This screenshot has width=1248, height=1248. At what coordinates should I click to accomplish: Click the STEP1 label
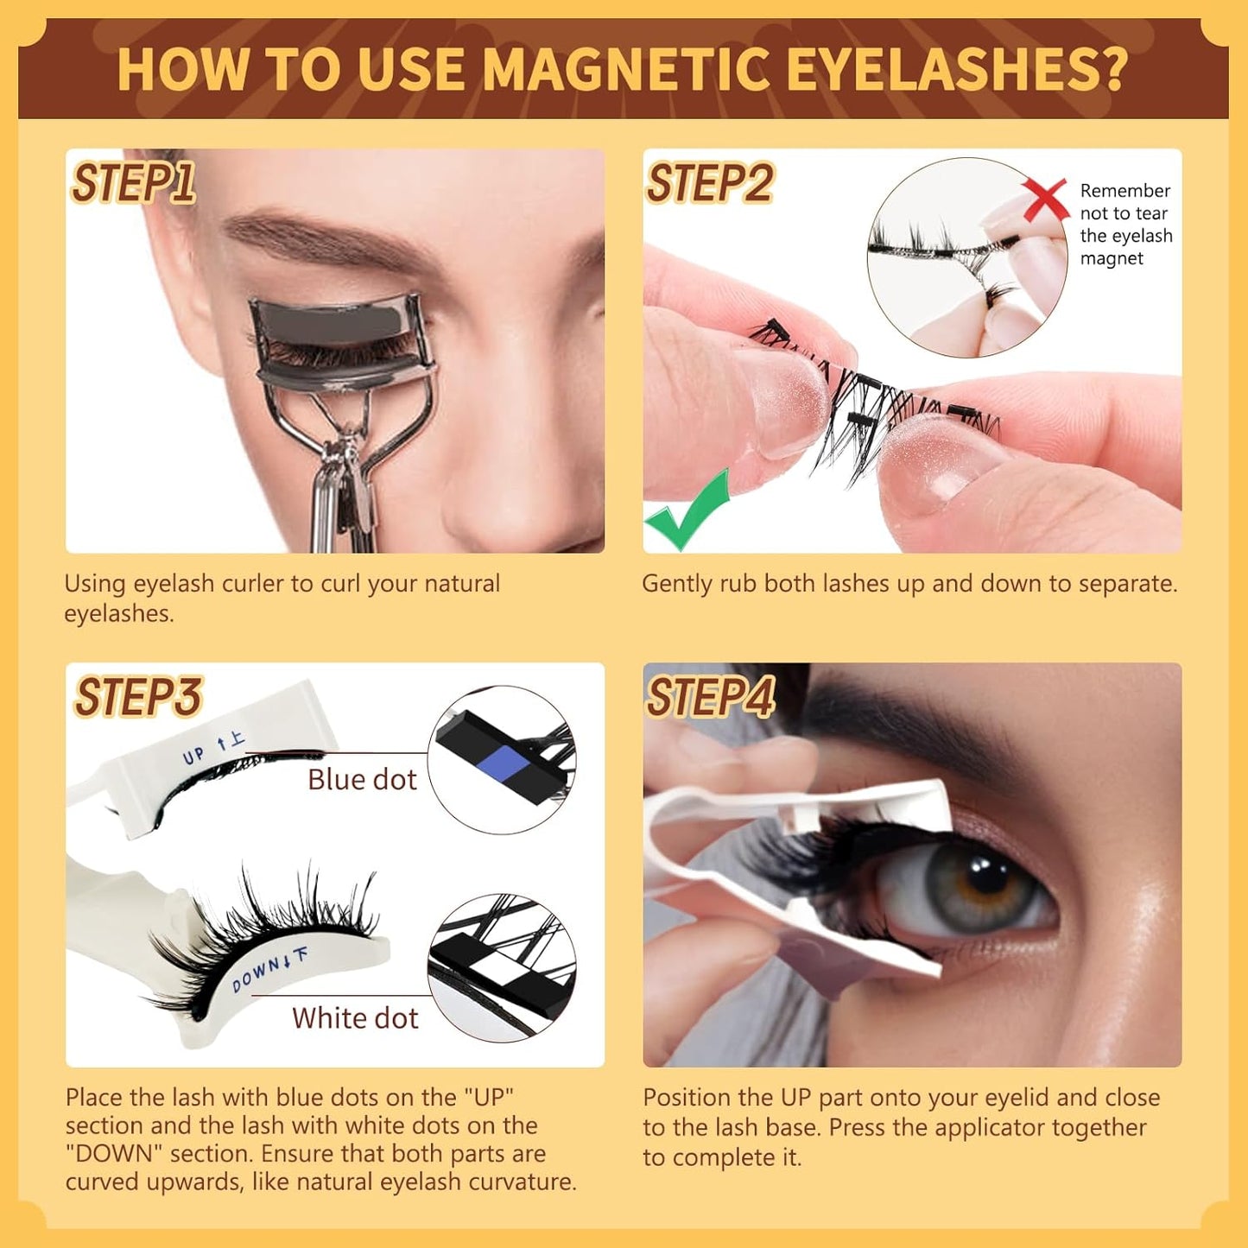(133, 183)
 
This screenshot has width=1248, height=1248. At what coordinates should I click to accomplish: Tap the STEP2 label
(710, 183)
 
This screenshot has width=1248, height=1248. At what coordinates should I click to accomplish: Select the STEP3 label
(138, 697)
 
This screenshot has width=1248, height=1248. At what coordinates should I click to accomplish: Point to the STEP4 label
(711, 697)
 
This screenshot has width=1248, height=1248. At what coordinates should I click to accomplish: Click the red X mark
(1045, 199)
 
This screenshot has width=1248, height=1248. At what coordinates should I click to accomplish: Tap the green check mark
(688, 512)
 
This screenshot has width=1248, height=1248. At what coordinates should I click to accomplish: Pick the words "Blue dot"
(362, 780)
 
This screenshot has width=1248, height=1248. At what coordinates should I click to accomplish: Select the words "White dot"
(355, 1018)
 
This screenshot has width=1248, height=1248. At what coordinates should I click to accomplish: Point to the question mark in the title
(1112, 69)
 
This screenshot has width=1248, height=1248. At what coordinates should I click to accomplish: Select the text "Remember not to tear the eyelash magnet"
(1125, 225)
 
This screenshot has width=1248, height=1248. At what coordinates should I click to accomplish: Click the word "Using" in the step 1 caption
(95, 584)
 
